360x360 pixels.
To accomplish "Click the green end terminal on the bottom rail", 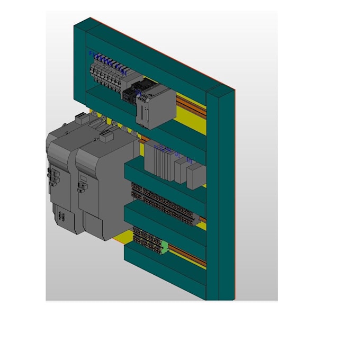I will click(165, 246).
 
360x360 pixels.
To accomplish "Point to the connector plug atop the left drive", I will click(81, 118).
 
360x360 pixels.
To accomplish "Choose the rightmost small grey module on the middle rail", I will click(195, 175).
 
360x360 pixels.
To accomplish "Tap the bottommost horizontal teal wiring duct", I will click(164, 270).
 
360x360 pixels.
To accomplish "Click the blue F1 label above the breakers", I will click(91, 53).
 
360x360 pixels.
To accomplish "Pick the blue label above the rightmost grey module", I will click(189, 158).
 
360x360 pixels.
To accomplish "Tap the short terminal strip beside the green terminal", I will click(147, 236).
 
